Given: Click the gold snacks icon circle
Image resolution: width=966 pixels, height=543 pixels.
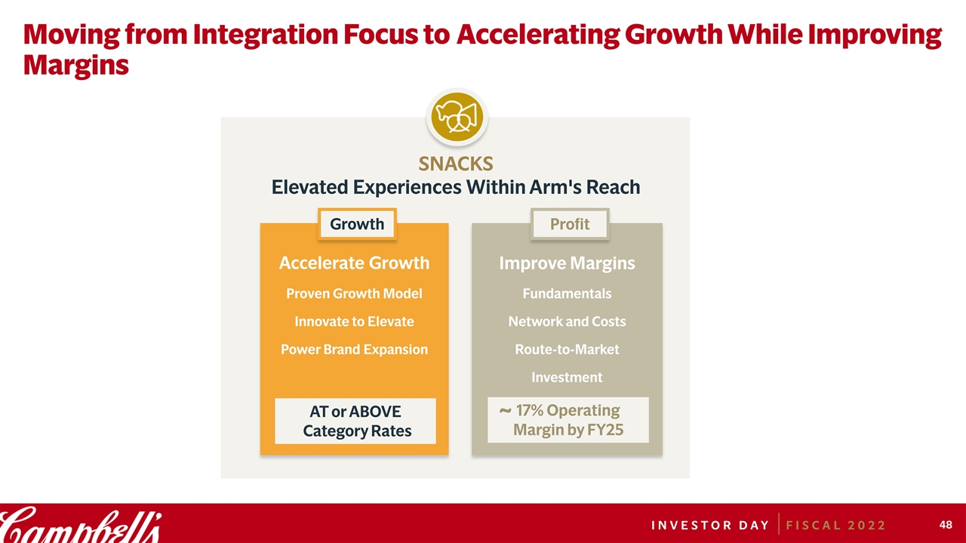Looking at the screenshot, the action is click(457, 117).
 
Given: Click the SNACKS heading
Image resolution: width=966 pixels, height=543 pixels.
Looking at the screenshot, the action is click(456, 164).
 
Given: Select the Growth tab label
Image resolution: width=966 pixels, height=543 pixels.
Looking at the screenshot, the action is click(357, 224).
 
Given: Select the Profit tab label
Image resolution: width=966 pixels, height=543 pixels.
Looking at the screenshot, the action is click(570, 224).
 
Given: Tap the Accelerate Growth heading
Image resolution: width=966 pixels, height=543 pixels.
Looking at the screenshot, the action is click(354, 263).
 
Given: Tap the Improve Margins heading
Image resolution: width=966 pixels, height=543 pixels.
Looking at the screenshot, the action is click(567, 263).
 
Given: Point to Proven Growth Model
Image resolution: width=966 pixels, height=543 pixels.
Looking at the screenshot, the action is click(354, 293).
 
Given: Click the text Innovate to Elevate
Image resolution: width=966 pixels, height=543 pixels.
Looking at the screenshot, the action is click(354, 321).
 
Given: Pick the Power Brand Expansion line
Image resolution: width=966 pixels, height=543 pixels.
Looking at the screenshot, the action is click(354, 349).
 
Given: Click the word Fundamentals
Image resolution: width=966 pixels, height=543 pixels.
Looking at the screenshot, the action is click(567, 293).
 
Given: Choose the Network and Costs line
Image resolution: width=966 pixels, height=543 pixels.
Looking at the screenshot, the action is click(567, 321).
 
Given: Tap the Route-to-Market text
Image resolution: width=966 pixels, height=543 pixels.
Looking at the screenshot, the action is click(567, 349).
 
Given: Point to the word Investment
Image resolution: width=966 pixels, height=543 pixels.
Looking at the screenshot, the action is click(567, 378).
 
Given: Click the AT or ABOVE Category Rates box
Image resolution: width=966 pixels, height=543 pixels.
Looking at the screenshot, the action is click(355, 421).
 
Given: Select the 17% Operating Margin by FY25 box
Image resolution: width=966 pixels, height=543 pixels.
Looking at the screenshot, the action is click(568, 420).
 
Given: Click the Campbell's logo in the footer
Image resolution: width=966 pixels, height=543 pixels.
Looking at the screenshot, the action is click(80, 525).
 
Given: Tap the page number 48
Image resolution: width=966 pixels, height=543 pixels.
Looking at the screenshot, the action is click(946, 524).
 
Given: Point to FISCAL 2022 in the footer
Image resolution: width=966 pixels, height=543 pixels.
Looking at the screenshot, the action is click(835, 526).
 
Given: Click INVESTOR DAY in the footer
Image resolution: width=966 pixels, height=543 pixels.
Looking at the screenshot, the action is click(710, 526).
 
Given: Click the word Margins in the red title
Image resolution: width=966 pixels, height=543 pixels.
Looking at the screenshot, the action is click(76, 66).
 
